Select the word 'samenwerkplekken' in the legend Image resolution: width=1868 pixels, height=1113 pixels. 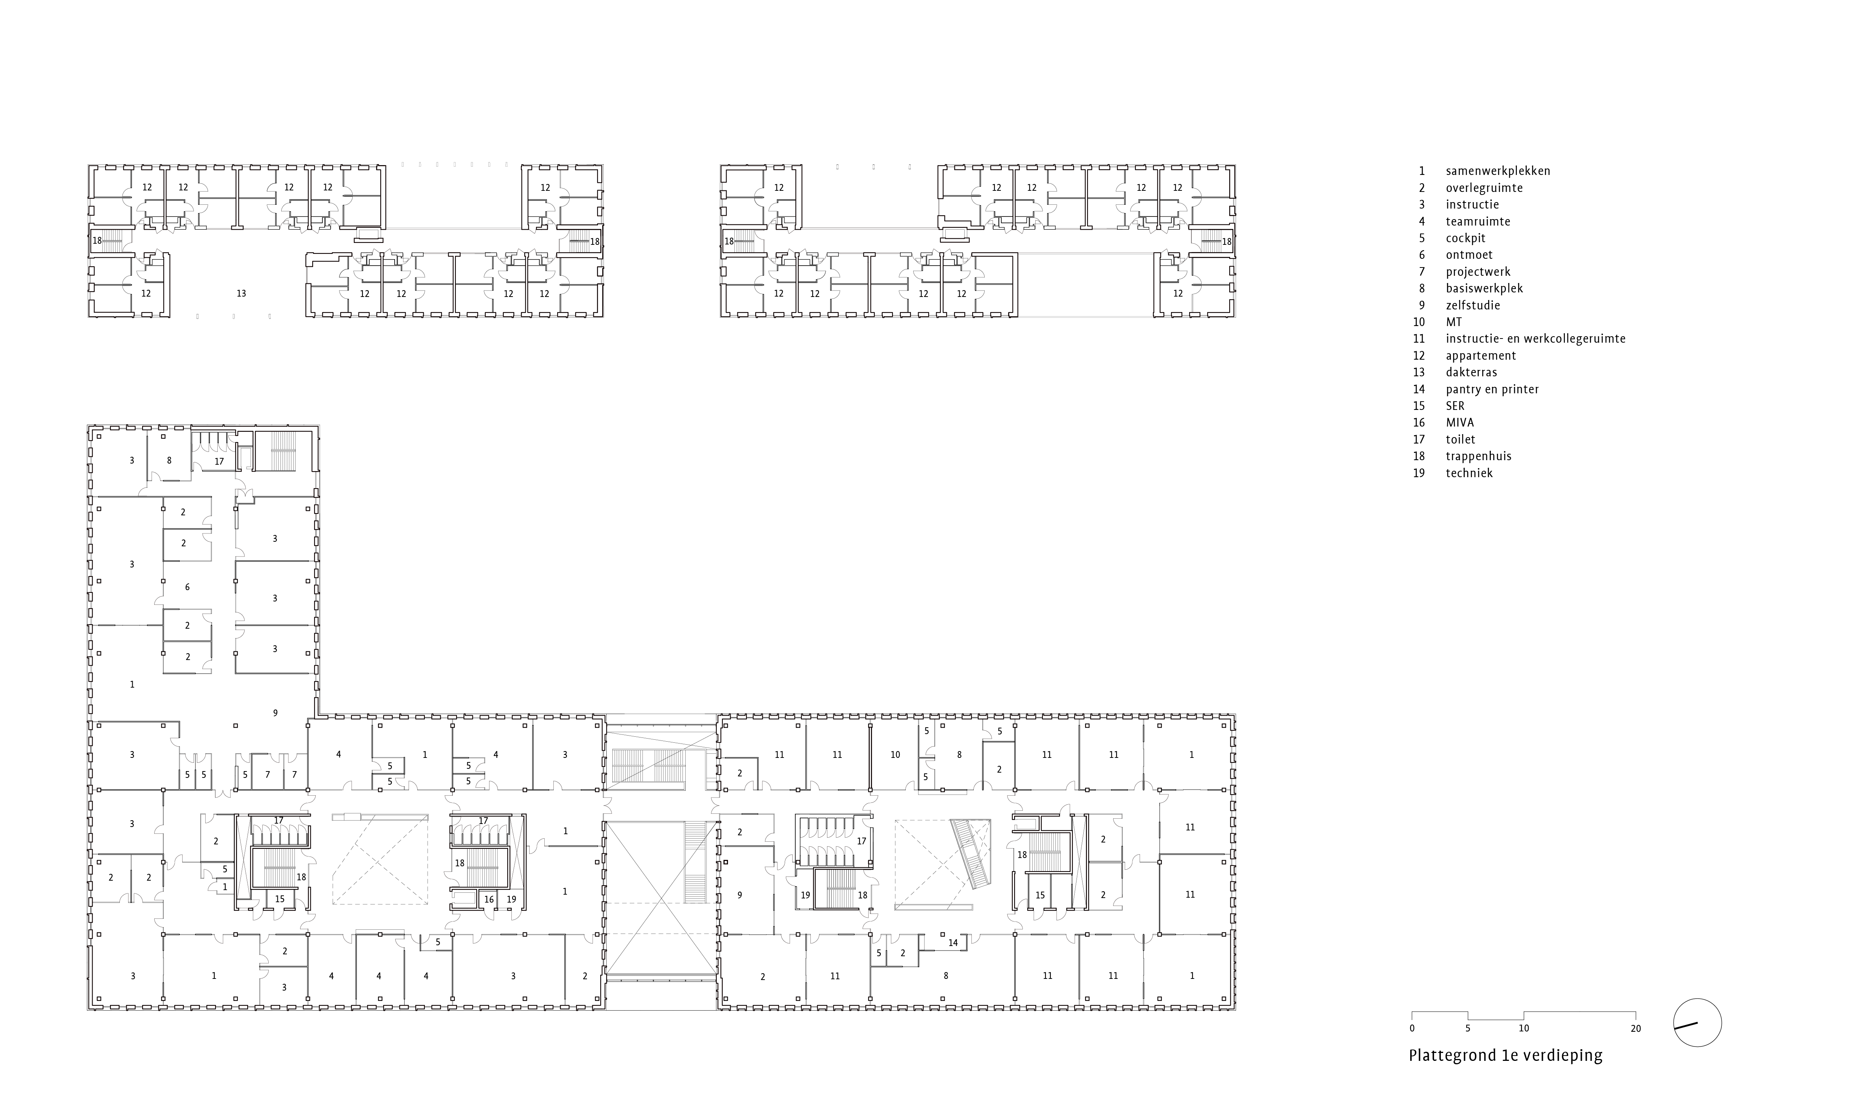tap(1498, 171)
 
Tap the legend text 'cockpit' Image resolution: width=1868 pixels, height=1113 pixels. tap(1465, 238)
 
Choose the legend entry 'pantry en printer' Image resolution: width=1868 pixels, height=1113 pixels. tap(1492, 389)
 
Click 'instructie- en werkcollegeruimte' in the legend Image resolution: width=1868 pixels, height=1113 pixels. tap(1535, 339)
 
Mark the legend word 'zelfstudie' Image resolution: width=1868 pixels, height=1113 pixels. tap(1473, 305)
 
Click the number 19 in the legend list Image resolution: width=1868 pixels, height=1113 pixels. tap(1419, 473)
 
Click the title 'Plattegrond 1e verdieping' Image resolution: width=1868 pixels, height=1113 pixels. tap(1505, 1055)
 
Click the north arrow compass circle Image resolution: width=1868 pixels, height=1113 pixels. tap(1697, 1023)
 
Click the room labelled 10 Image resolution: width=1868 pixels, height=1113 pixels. tap(895, 755)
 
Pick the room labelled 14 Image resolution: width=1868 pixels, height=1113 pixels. tap(953, 943)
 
